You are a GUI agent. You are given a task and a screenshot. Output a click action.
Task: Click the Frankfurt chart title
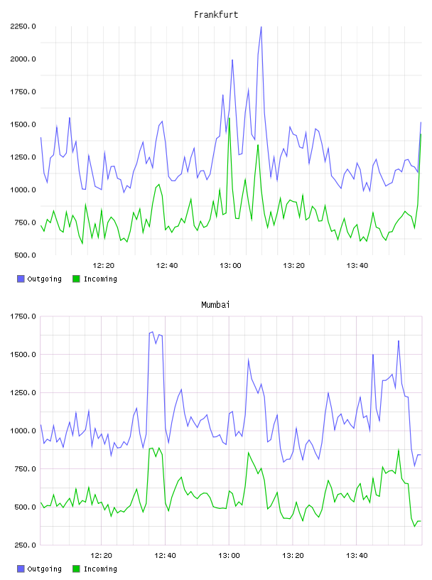tap(216, 15)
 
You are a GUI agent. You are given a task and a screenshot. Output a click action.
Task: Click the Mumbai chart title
tap(215, 305)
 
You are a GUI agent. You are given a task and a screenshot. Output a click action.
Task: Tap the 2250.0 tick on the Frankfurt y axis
tap(23, 26)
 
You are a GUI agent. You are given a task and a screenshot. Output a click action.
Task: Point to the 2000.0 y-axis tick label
tap(23, 59)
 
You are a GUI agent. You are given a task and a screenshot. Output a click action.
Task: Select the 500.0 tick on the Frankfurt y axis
tap(25, 255)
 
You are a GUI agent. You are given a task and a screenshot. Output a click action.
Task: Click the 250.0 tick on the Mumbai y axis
tap(25, 545)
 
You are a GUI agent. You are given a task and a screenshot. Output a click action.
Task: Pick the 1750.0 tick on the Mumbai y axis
tap(23, 316)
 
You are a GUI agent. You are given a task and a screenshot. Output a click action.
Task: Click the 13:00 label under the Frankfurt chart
tap(230, 265)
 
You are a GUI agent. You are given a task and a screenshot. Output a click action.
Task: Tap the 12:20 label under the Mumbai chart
tap(102, 555)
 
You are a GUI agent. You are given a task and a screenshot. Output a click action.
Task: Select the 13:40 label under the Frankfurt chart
tap(357, 265)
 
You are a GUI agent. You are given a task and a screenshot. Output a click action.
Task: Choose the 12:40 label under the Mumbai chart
tap(165, 555)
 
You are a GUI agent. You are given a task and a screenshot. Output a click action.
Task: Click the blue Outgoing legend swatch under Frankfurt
tap(21, 279)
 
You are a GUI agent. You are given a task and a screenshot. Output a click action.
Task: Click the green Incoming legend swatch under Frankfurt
tap(76, 279)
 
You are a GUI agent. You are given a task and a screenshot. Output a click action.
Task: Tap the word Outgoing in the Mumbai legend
tap(44, 569)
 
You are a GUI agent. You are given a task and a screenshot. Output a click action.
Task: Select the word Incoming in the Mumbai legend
tap(100, 569)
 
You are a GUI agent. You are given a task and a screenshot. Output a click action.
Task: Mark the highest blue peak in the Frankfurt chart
tap(261, 27)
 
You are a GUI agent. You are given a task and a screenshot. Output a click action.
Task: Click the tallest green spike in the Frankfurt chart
tap(229, 119)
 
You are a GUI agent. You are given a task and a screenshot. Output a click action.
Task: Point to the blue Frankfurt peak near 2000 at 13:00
tap(232, 60)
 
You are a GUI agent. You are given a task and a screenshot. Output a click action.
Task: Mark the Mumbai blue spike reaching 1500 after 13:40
tap(373, 355)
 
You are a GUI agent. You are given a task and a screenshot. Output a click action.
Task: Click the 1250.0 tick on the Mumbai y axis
tap(23, 392)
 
